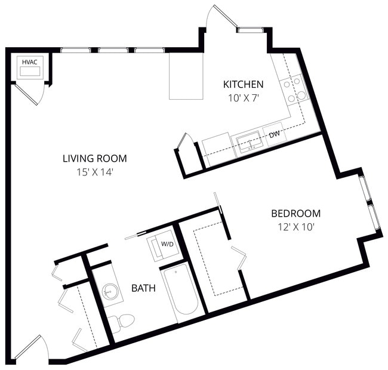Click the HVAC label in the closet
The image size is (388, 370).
pyautogui.click(x=29, y=61)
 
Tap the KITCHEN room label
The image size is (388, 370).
pyautogui.click(x=242, y=84)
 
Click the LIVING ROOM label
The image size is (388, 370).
pyautogui.click(x=94, y=158)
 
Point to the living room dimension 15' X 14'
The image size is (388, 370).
pyautogui.click(x=94, y=172)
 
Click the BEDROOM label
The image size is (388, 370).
pyautogui.click(x=295, y=213)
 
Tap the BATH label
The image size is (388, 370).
pyautogui.click(x=143, y=288)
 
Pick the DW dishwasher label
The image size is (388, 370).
pyautogui.click(x=274, y=135)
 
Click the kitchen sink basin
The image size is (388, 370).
pyautogui.click(x=248, y=142)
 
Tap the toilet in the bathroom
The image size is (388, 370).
pyautogui.click(x=122, y=322)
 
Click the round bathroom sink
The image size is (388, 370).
pyautogui.click(x=109, y=292)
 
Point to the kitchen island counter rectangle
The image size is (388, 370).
pyautogui.click(x=186, y=76)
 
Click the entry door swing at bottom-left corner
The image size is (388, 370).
pyautogui.click(x=30, y=349)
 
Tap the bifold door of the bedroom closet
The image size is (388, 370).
pyautogui.click(x=239, y=257)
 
